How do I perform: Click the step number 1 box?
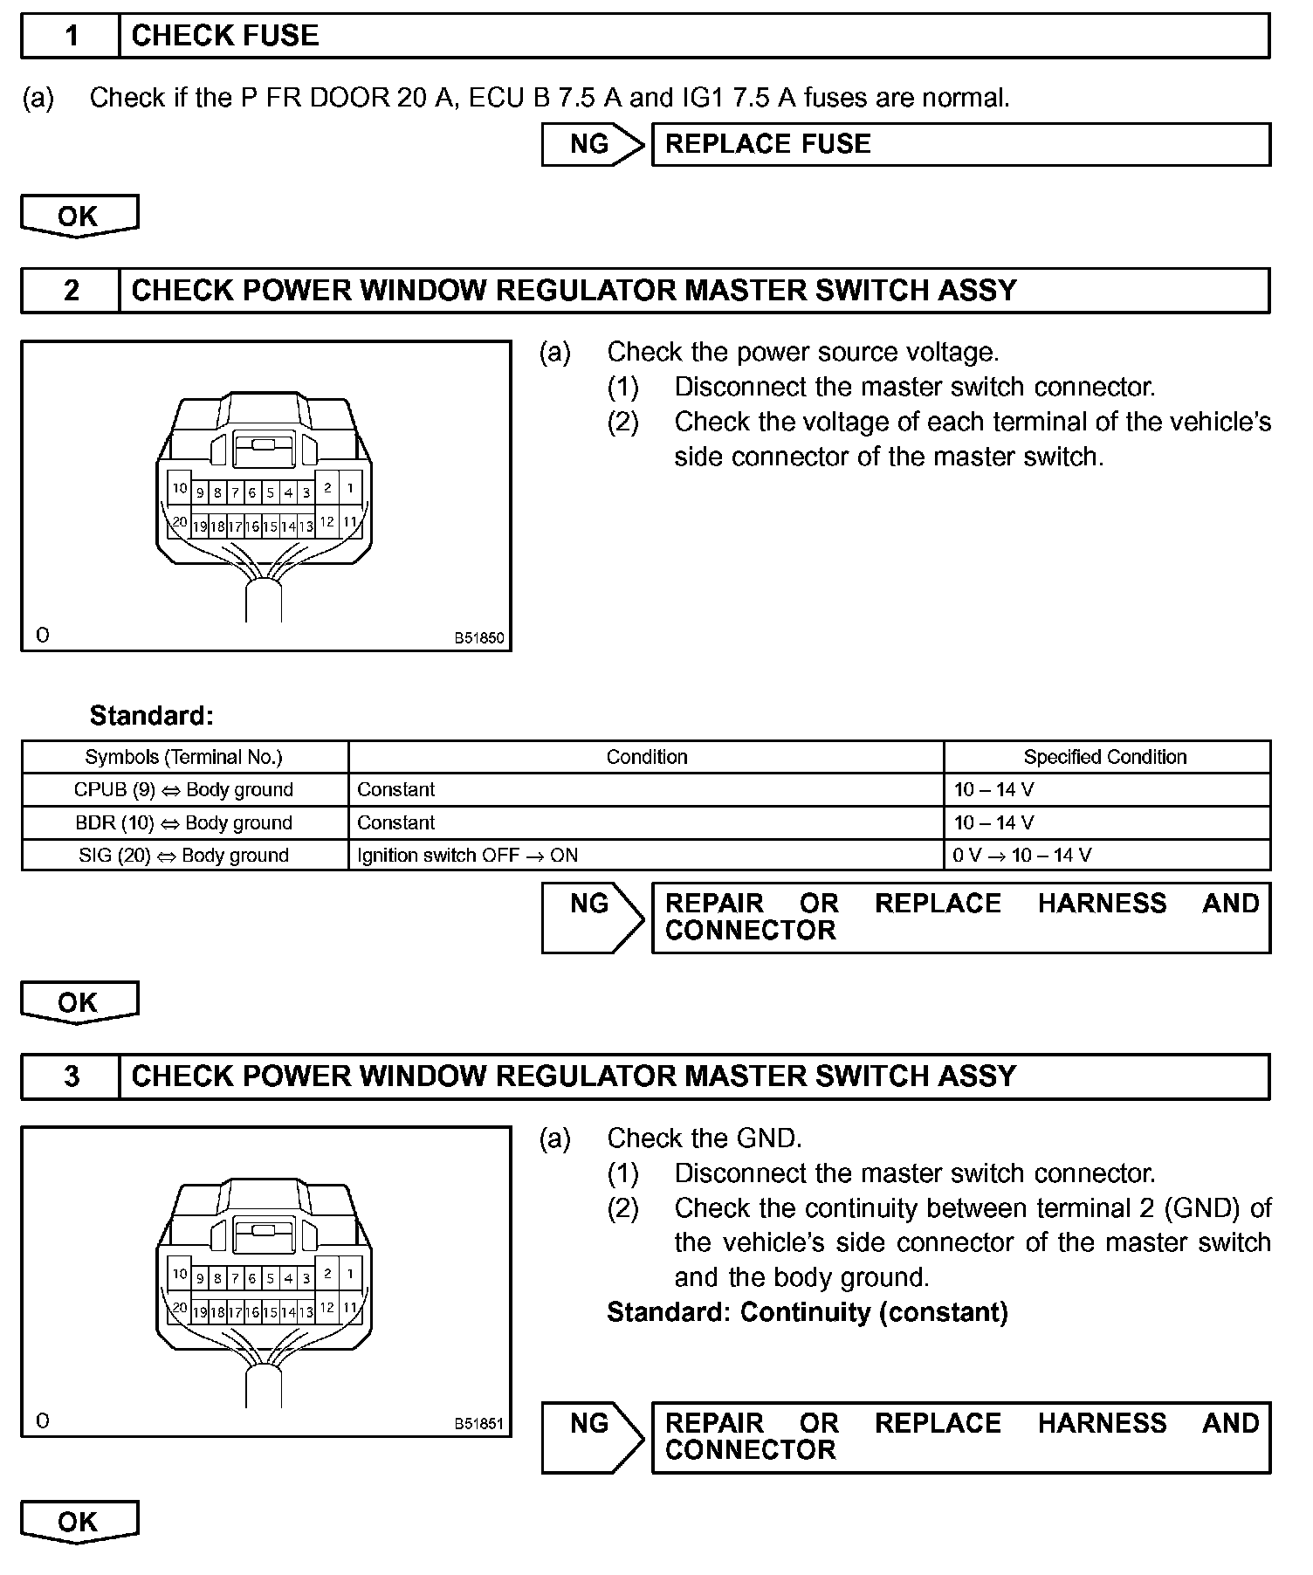point(70,36)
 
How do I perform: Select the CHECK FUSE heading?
point(225,36)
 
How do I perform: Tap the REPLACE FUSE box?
point(960,144)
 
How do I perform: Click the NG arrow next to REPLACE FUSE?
point(592,144)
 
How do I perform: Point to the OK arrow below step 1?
point(79,216)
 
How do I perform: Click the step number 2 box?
point(70,290)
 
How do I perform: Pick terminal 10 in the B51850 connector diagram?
point(179,489)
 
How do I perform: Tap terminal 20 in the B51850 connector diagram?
point(179,523)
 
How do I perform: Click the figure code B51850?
point(478,638)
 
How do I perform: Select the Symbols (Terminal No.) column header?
point(184,757)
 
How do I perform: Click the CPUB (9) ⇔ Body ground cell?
point(184,790)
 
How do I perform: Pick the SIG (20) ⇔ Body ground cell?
point(184,856)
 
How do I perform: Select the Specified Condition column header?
point(1105,757)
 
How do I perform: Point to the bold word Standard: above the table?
point(151,716)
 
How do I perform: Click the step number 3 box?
point(70,1076)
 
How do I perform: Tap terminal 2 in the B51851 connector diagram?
point(327,1273)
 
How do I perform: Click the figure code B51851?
point(478,1424)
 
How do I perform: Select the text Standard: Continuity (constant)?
point(808,1312)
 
